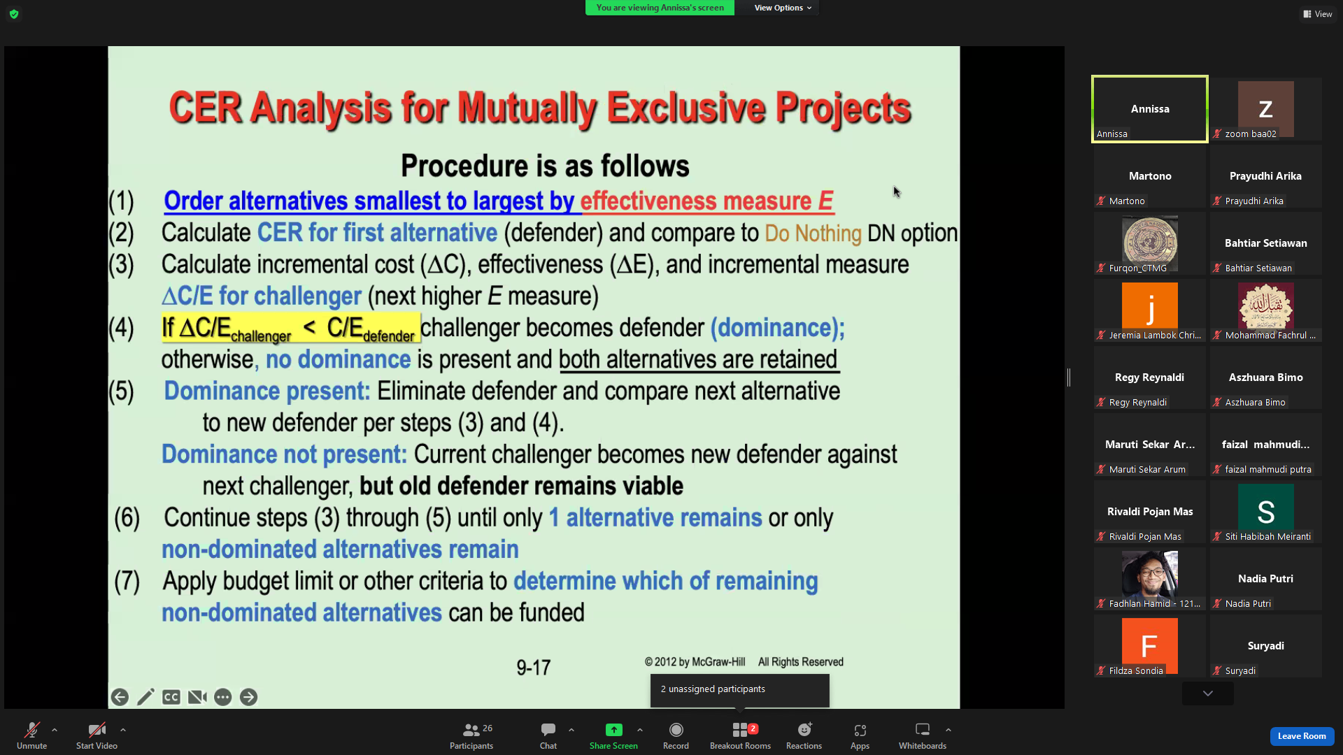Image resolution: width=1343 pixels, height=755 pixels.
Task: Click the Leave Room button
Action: pos(1301,736)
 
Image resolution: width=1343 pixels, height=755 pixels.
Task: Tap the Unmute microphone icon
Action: pos(32,731)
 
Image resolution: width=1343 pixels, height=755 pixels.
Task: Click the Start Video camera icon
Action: pos(97,731)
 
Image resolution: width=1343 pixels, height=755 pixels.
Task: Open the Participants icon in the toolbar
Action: pos(471,731)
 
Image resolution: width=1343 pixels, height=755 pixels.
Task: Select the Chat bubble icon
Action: pos(548,731)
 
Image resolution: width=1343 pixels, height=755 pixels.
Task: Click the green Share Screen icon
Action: pos(613,730)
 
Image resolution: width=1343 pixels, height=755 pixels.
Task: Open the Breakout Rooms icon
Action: pos(740,731)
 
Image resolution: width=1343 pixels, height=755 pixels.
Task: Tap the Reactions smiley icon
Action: pos(804,731)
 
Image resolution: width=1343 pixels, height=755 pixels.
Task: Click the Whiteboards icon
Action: pos(923,730)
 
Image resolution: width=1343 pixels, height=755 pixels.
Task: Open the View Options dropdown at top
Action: pos(783,8)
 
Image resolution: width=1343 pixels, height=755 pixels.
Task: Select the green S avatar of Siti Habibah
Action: pos(1265,511)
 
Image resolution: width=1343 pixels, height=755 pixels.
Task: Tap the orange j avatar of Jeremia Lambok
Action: pos(1149,305)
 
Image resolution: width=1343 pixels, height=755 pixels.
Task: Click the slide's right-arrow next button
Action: pos(248,697)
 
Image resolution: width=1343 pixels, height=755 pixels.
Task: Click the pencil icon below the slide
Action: pos(145,697)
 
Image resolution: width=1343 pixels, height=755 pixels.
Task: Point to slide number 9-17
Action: pos(534,668)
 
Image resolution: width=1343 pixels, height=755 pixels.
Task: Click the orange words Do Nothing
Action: pos(813,233)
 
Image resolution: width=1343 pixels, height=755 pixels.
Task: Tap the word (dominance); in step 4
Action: pos(778,328)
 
